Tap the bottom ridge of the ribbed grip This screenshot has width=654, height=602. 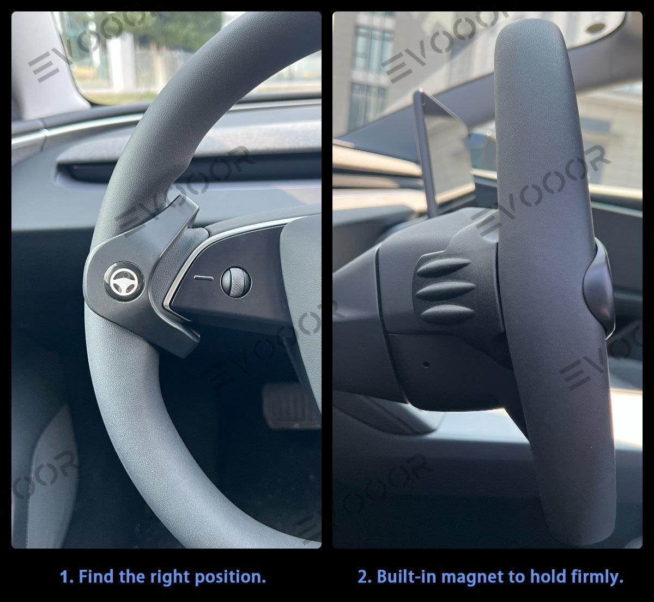444,312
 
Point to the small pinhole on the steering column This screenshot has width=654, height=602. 426,364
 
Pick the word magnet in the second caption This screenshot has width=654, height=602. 467,576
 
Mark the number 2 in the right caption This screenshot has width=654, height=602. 362,576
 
